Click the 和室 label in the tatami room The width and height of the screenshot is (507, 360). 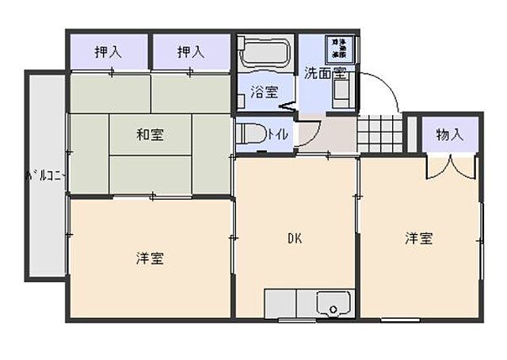tap(149, 135)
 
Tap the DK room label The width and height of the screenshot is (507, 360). tap(294, 238)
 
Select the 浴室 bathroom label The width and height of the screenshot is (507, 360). tap(265, 91)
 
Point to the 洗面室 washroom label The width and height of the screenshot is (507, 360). tap(325, 72)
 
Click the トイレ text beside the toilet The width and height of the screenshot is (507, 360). tap(277, 134)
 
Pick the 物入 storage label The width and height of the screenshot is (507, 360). tap(449, 135)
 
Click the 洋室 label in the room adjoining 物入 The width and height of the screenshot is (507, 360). tap(419, 238)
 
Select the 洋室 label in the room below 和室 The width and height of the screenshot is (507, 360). tap(150, 259)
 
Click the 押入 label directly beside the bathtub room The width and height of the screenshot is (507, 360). tap(191, 53)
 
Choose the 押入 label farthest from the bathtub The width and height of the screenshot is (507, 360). tap(107, 53)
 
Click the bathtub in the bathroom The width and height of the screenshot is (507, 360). tap(265, 54)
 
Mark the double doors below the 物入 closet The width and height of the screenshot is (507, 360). tap(449, 164)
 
